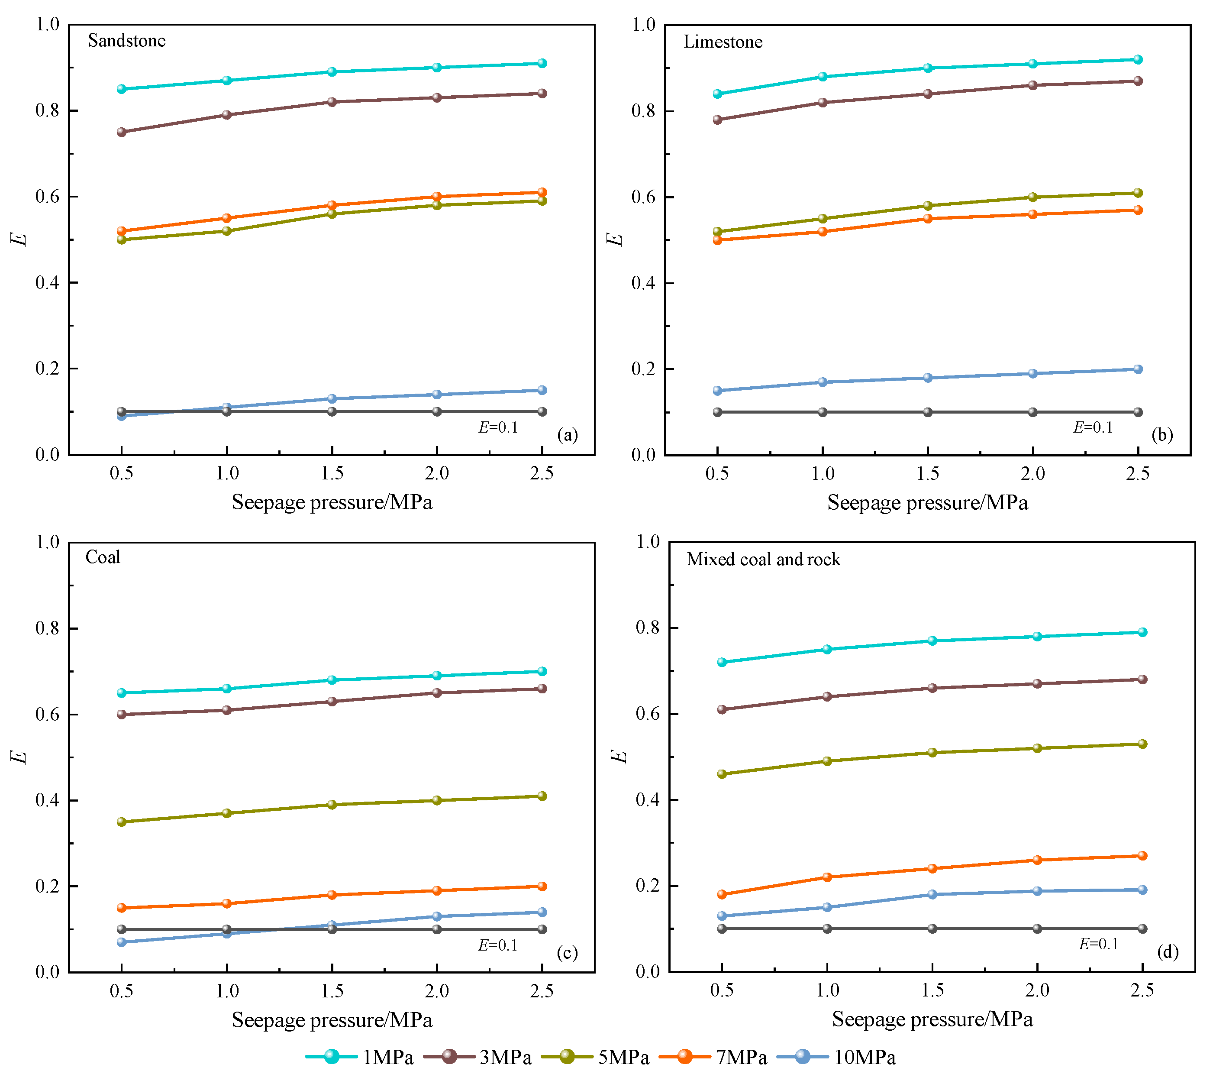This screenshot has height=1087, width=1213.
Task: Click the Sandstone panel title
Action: click(x=126, y=41)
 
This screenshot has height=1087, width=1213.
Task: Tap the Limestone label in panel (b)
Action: click(x=723, y=42)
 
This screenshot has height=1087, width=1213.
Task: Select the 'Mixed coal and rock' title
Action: click(x=763, y=559)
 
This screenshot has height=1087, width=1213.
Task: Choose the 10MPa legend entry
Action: click(x=836, y=1057)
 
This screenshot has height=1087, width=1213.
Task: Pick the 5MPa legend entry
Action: click(x=595, y=1057)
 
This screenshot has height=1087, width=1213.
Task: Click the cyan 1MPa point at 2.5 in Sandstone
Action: click(x=542, y=63)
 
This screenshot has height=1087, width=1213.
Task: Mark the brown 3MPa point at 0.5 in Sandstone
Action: click(x=122, y=132)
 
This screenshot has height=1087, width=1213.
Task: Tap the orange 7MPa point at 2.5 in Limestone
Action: click(x=1138, y=210)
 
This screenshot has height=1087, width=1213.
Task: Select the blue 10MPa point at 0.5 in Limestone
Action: click(x=717, y=391)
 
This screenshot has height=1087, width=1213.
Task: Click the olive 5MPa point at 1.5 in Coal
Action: click(x=332, y=805)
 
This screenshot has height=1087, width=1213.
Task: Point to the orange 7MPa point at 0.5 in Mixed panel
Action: click(x=722, y=894)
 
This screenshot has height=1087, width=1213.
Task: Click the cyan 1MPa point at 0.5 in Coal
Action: click(x=122, y=693)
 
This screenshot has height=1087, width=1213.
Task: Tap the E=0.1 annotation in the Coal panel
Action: click(x=498, y=945)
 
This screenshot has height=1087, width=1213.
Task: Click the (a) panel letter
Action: click(x=567, y=435)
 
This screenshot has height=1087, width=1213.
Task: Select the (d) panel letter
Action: click(x=1168, y=951)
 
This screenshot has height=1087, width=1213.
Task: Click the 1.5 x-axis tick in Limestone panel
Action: click(x=928, y=474)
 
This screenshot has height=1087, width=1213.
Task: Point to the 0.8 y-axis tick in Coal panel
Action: click(x=48, y=628)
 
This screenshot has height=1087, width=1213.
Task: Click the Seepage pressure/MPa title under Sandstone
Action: click(x=332, y=502)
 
